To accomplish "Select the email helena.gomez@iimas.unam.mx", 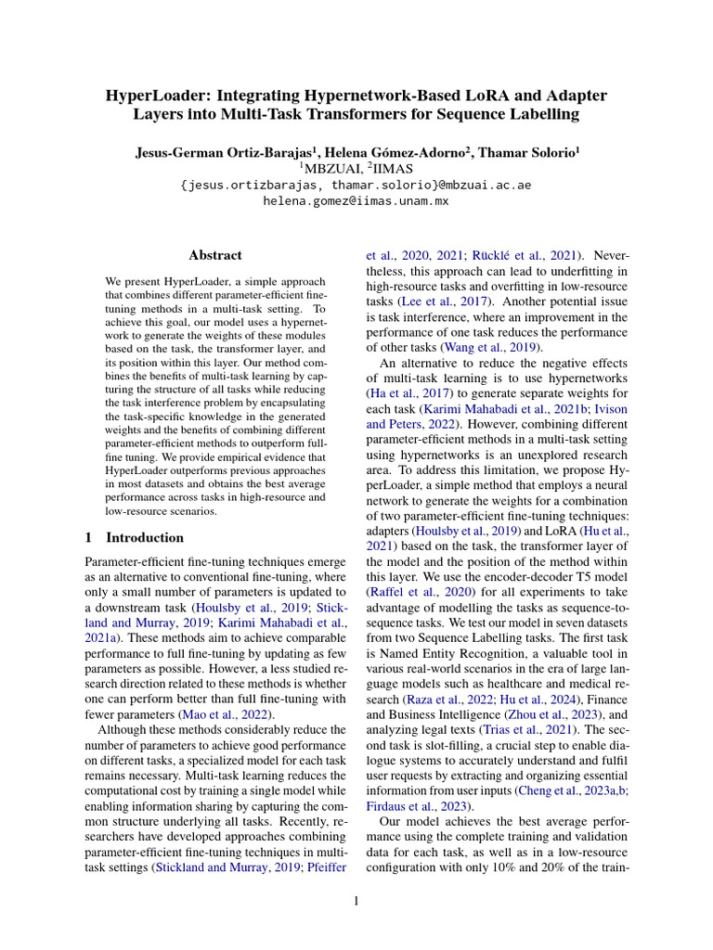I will click(356, 200).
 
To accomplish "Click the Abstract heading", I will click(215, 255).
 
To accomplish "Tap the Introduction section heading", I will click(145, 537).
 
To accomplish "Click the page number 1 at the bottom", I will click(356, 900).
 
